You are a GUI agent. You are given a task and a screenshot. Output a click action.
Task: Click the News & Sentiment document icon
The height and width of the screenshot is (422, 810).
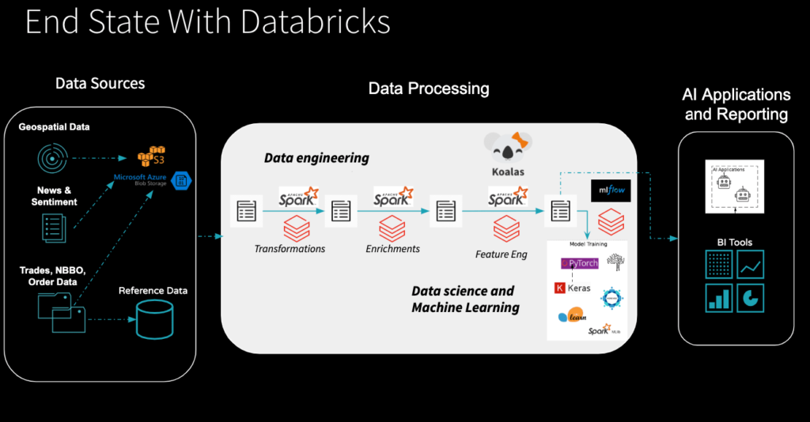click(54, 228)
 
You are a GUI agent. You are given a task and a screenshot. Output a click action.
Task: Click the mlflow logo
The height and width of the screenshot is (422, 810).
click(609, 190)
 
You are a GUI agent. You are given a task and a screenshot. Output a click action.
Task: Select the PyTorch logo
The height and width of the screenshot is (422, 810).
click(579, 263)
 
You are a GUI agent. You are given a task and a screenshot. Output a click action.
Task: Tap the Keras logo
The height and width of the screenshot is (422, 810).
click(573, 288)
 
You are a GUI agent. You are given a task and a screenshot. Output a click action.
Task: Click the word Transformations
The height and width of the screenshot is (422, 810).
click(290, 249)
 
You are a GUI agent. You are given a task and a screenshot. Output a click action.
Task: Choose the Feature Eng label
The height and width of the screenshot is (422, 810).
click(501, 254)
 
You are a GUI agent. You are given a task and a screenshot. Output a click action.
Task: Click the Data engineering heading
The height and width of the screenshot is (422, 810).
click(316, 158)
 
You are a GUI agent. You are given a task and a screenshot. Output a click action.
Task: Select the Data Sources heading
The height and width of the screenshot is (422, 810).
click(100, 84)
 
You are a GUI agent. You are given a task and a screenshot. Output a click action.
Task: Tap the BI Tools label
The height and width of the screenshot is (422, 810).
click(735, 242)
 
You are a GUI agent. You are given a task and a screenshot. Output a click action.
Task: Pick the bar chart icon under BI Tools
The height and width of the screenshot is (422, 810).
click(719, 298)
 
